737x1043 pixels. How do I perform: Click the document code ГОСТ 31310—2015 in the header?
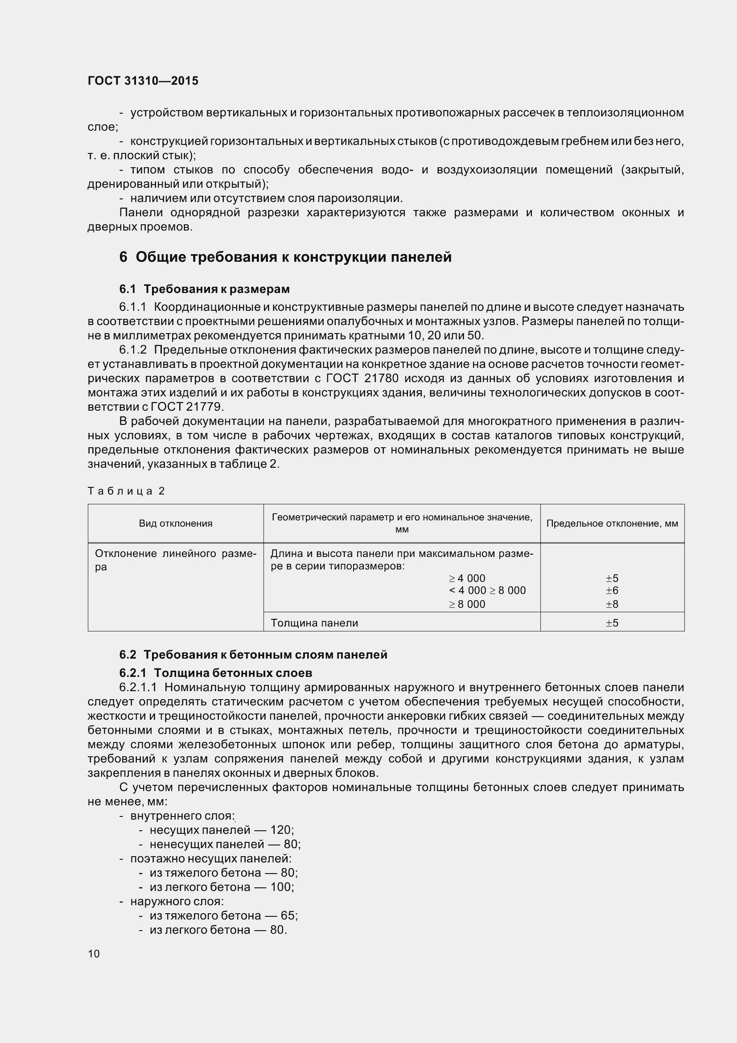[x=143, y=81]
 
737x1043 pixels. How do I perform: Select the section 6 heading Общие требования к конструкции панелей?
[x=285, y=257]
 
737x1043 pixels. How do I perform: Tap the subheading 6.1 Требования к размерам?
[x=204, y=289]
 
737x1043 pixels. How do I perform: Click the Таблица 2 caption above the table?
[x=126, y=491]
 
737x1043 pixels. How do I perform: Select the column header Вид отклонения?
[x=175, y=524]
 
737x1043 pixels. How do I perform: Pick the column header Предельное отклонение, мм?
[x=612, y=524]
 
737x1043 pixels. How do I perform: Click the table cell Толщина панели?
[x=314, y=623]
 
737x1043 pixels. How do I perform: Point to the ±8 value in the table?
[x=612, y=604]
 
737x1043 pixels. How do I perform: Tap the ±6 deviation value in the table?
[x=612, y=590]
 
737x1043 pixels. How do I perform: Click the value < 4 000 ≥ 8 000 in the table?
[x=487, y=590]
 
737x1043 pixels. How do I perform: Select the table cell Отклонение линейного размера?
[x=175, y=560]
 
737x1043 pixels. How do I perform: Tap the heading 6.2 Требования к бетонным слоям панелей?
[x=253, y=655]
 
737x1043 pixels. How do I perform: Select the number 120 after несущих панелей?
[x=280, y=830]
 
